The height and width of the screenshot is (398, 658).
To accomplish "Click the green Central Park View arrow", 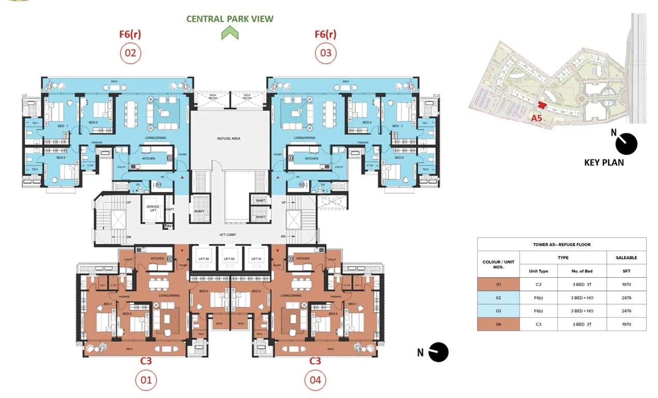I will (230, 34).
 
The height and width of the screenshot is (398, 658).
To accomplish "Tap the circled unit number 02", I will (130, 53).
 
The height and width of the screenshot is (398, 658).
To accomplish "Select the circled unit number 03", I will (325, 53).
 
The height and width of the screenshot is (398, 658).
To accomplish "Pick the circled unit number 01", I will (146, 381).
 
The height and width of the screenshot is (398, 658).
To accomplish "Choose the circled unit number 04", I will (315, 381).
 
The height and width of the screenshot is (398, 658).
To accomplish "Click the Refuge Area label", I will (228, 138).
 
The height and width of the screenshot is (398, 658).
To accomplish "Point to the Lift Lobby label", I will (227, 235).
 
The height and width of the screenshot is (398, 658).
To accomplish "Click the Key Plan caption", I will (604, 162).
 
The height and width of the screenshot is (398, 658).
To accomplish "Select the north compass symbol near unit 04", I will (438, 352).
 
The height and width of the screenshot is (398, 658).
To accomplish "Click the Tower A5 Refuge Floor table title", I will (562, 245).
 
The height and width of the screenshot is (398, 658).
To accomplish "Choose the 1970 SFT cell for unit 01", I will (626, 285).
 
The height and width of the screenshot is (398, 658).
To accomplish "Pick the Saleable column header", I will (626, 258).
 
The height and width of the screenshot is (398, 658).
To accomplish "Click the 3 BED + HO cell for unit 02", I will (582, 297).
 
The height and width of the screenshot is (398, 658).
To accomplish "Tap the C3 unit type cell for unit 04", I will (538, 324).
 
